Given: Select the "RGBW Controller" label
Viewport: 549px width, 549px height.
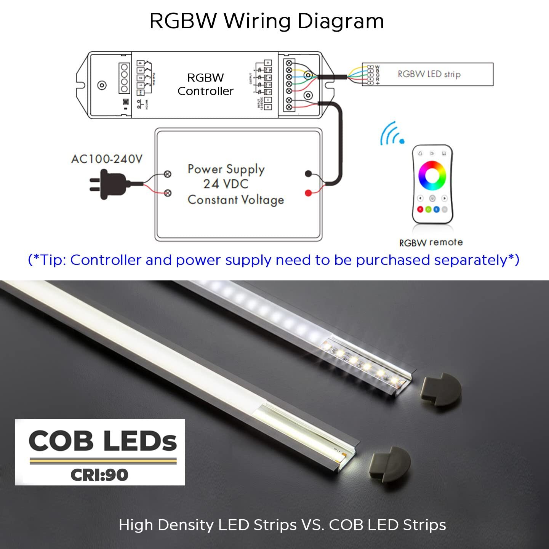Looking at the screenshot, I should tap(205, 85).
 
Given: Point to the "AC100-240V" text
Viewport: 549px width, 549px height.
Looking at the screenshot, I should tap(107, 158).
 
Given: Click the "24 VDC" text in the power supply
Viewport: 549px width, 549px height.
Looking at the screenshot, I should tap(226, 184).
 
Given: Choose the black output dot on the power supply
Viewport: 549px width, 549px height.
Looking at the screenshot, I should tap(308, 174).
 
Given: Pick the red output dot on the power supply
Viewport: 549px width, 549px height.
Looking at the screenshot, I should tap(308, 193).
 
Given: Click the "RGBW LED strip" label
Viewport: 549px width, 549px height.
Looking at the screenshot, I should tap(429, 74).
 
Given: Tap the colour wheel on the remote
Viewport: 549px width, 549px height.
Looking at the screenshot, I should tap(432, 175).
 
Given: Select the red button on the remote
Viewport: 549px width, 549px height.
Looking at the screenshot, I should tap(420, 209).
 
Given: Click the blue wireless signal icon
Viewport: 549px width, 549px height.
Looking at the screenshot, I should tap(392, 134).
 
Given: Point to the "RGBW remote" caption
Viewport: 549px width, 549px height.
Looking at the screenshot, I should tap(431, 242).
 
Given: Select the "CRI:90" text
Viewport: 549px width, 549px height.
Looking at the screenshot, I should tap(99, 475).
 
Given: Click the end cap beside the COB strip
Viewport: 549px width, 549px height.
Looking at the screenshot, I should tap(389, 464).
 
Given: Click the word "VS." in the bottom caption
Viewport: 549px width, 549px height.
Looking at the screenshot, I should tap(312, 525).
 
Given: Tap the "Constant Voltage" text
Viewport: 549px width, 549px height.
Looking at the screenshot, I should tap(236, 200).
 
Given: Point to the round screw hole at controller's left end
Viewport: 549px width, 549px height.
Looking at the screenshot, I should tap(102, 85).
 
